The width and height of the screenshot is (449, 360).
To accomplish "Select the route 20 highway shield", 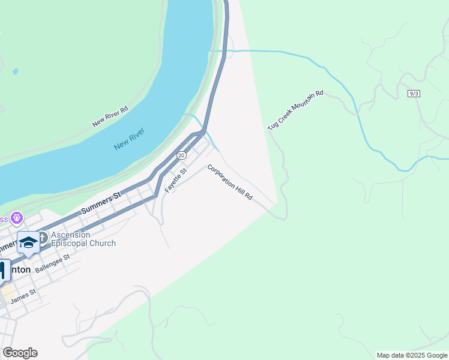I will pos(181,155).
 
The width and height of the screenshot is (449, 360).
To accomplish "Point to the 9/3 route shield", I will pos(413,94).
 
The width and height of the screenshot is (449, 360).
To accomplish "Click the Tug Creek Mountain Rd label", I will pos(295,110).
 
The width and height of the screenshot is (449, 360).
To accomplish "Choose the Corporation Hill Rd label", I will pos(230,182).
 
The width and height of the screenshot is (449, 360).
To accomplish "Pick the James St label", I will pos(23,295).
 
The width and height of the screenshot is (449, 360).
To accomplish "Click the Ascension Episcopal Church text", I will pos(83,239).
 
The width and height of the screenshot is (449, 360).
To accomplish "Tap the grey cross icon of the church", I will pos(44,238).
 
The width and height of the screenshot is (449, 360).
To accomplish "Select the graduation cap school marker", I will pos(28,242).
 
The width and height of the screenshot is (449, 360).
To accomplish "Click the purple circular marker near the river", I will pos(17,217).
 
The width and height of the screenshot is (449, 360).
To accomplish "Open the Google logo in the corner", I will pos(20,353).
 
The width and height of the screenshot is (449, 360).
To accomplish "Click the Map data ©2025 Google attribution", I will pos(411,355).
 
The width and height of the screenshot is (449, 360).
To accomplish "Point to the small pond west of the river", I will pos(15,71).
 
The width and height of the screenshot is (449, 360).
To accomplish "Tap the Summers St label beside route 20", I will pos(101,202).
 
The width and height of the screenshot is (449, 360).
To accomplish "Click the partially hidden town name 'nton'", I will pos(20,270).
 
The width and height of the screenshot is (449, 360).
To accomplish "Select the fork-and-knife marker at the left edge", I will pos(2,269).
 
